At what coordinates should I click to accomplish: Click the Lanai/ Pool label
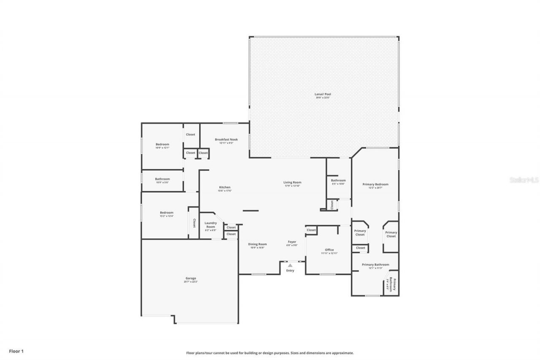[x=323, y=95]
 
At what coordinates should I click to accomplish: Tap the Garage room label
[x=191, y=279]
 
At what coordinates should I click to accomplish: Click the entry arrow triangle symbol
[x=290, y=265]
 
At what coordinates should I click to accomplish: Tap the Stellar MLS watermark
[x=524, y=180]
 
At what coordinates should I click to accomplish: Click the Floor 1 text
[x=16, y=351]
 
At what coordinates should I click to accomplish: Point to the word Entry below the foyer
[x=290, y=271]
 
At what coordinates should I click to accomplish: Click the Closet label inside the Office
[x=311, y=230]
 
